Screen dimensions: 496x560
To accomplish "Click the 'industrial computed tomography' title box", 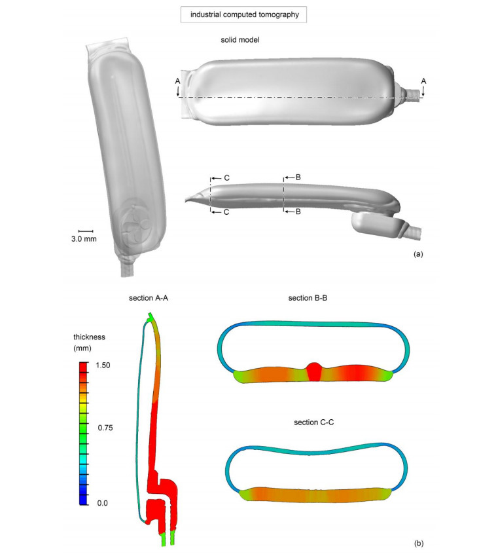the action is coord(243,14).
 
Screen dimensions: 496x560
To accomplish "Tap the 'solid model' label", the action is coord(239,40).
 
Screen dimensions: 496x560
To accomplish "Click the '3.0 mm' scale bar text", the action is coord(84,239).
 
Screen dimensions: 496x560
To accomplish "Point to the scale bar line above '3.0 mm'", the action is coord(86,231).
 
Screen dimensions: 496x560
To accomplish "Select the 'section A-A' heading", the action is coord(149,298).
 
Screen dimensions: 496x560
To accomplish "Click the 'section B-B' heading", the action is coord(308,298).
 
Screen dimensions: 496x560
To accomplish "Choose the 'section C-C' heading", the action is coord(313,422).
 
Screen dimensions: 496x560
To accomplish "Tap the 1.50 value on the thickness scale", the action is coord(103,365).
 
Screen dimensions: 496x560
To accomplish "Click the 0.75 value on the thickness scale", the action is coord(105,428).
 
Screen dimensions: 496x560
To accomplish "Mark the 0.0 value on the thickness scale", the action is coord(103,503).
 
